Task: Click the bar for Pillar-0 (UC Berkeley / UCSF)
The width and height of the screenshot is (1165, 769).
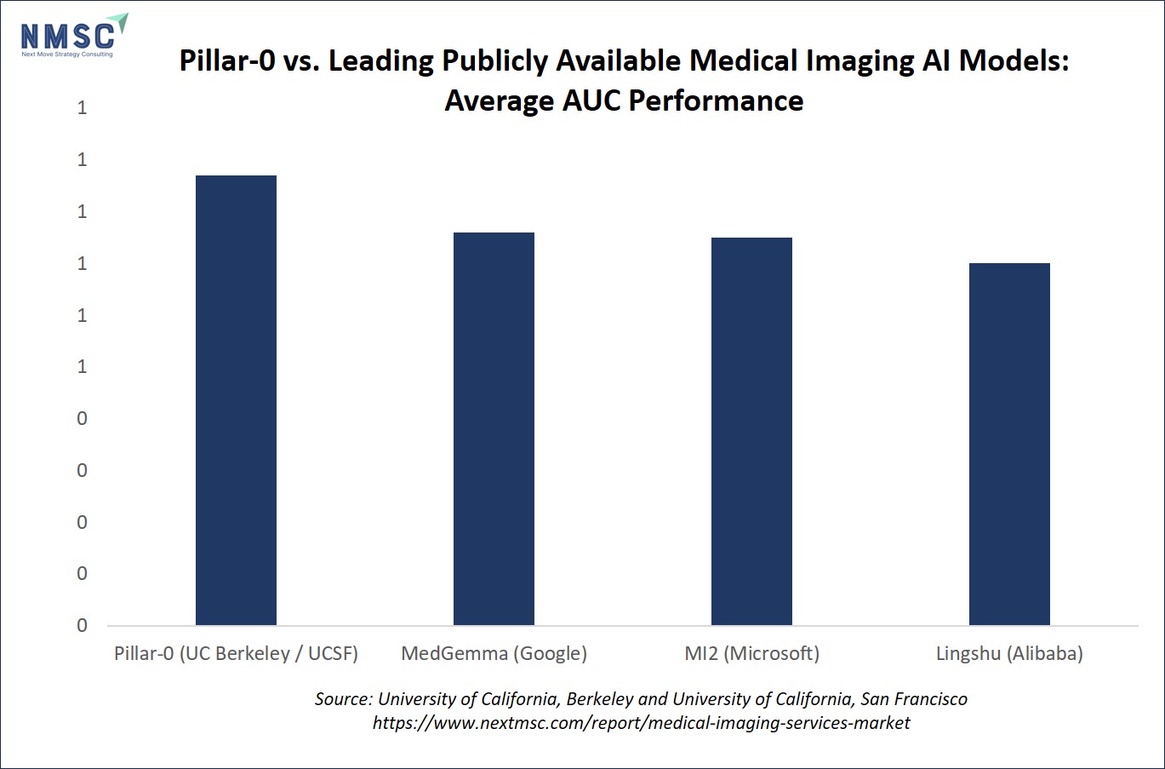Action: click(x=236, y=400)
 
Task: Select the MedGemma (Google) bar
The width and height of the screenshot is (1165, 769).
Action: click(x=494, y=428)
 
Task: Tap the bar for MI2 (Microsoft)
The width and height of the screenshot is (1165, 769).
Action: click(x=751, y=431)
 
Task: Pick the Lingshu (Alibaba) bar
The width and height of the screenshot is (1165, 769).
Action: click(x=1009, y=444)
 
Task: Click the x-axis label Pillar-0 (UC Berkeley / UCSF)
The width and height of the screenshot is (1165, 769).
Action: click(x=236, y=653)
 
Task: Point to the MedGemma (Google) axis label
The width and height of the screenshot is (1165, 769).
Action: click(x=494, y=653)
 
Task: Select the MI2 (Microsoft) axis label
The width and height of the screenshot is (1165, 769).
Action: click(x=752, y=653)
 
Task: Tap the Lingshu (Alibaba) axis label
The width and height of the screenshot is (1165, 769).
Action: click(x=1009, y=653)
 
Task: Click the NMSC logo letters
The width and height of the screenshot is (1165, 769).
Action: click(x=67, y=37)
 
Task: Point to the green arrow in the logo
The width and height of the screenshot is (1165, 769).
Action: click(x=121, y=22)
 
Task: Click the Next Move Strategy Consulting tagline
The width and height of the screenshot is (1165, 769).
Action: click(x=67, y=55)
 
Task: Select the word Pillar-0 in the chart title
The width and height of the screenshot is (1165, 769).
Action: click(x=227, y=60)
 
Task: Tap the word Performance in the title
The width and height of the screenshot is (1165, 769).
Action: click(x=717, y=100)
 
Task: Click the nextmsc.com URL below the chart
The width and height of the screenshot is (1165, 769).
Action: click(x=642, y=723)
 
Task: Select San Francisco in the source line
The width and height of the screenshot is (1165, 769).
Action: click(x=914, y=699)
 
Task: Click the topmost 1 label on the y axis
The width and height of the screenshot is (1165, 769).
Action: click(x=83, y=107)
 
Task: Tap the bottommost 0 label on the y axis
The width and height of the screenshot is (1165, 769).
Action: click(x=83, y=625)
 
